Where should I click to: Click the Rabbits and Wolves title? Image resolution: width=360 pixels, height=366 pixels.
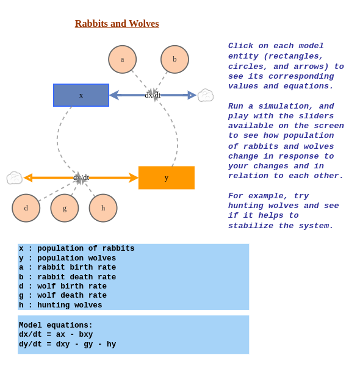[x=117, y=24]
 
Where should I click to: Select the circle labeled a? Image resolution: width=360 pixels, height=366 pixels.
[x=122, y=59]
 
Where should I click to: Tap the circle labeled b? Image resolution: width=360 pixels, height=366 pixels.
[x=175, y=59]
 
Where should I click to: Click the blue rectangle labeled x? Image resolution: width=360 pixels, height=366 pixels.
[x=81, y=95]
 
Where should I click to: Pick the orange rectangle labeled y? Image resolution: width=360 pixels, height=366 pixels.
[x=167, y=178]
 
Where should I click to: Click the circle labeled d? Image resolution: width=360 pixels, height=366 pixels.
[x=26, y=208]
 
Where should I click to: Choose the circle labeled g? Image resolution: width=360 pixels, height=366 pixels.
[x=65, y=208]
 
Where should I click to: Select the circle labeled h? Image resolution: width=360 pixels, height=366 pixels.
[x=103, y=208]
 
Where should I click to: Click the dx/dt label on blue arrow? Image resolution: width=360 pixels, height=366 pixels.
[x=153, y=95]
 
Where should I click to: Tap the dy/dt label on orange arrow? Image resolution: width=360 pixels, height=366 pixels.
[x=81, y=178]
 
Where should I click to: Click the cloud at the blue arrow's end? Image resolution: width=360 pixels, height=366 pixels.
[x=206, y=95]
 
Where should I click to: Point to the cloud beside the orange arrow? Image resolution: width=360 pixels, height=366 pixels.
[x=14, y=178]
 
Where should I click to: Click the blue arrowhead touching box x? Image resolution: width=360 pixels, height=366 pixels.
[x=114, y=95]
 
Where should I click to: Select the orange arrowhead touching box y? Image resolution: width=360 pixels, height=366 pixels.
[x=133, y=178]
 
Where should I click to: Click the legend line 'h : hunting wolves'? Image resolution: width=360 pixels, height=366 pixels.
[x=60, y=305]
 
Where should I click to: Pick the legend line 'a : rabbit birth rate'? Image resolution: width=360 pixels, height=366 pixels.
[x=67, y=267]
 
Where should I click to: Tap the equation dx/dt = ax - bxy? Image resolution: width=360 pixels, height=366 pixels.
[x=56, y=335]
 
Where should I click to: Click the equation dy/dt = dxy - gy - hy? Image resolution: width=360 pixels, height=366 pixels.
[x=67, y=345]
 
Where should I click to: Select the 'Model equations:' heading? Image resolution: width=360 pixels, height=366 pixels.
[x=56, y=325]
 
